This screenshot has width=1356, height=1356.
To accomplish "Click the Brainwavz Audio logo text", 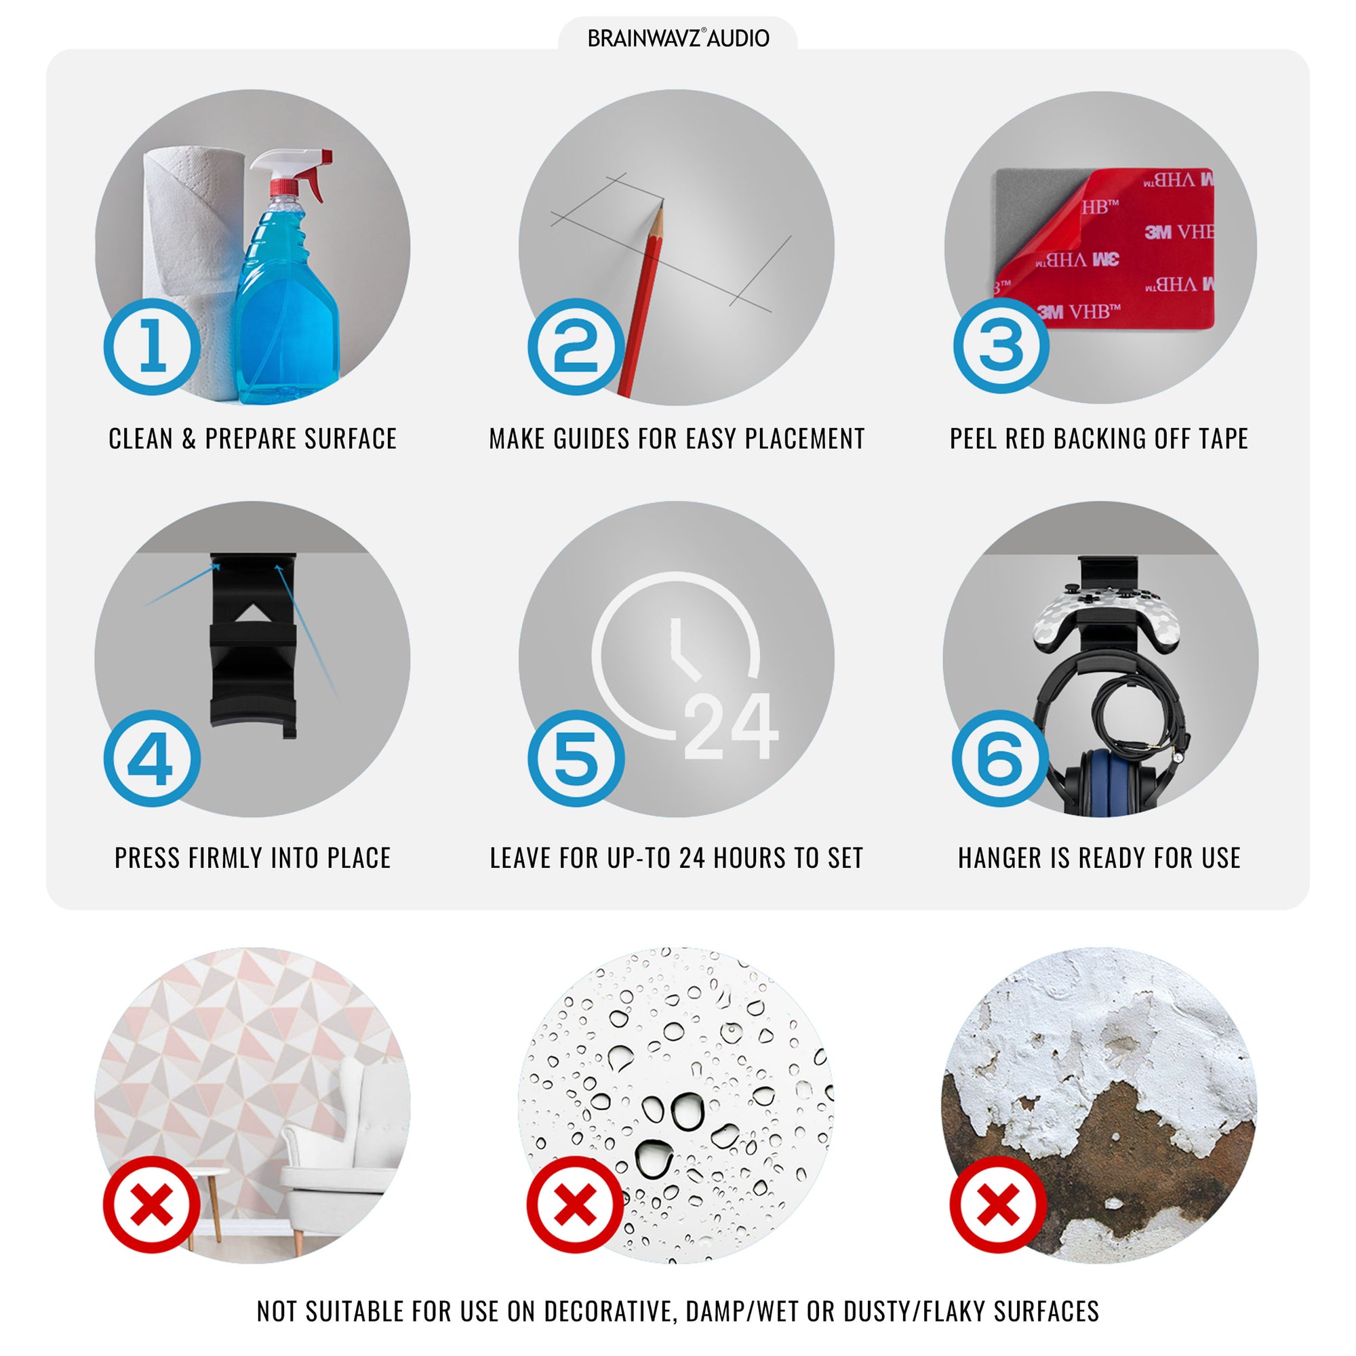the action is point(678,38).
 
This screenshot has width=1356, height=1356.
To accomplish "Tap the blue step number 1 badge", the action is point(153,346).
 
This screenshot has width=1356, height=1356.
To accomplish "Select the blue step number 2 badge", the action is point(576,346).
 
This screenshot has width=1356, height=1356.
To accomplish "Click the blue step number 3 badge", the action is point(1001,345).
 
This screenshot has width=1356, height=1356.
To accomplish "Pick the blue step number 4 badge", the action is point(153,758).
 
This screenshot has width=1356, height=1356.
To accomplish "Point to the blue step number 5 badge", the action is point(576,758).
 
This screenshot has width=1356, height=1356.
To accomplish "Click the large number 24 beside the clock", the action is point(731,725).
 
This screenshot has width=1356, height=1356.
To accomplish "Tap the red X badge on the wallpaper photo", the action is point(153,1204).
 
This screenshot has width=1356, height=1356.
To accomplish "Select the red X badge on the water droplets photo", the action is point(576,1204).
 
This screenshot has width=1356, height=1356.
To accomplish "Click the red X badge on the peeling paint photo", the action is point(999,1204).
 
